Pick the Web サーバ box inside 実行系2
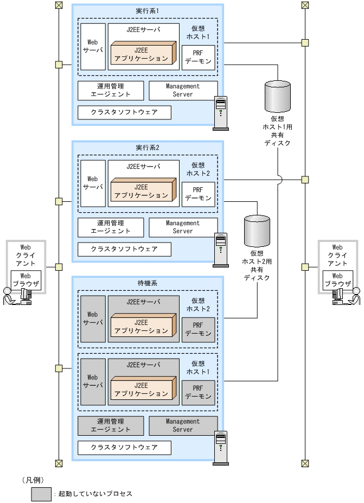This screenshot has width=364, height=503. coord(92,182)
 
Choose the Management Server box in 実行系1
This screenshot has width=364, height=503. coord(183,90)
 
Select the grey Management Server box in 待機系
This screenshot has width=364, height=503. coord(183,425)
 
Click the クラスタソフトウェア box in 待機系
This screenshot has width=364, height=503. coord(124,448)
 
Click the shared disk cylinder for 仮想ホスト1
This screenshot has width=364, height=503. coord(277,95)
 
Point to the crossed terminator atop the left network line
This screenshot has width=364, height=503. coord(59,5)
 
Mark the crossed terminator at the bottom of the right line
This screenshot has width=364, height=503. coord(305,463)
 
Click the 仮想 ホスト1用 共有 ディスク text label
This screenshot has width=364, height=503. coord(277,131)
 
